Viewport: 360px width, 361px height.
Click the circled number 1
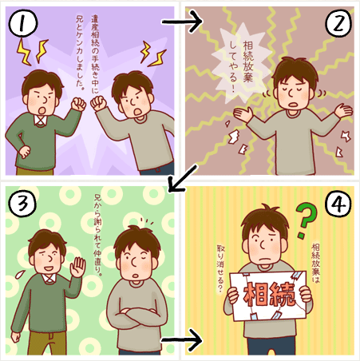pos(23,23)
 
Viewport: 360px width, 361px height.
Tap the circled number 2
pos(338,23)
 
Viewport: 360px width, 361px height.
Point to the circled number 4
pos(338,204)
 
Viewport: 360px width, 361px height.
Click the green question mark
pos(307,220)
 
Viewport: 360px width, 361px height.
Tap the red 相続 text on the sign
pos(269,294)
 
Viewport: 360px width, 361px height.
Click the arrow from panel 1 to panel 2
pos(182,22)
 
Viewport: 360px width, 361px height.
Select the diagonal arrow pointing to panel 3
pos(184,178)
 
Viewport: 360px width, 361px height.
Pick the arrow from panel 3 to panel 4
pos(182,340)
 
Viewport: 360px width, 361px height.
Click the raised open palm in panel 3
pos(77,266)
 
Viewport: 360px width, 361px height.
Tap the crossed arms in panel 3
pos(137,316)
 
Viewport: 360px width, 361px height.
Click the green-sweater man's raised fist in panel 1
pos(78,105)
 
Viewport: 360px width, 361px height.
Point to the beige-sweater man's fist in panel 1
pos(98,103)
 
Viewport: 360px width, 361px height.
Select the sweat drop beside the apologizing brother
pos(20,274)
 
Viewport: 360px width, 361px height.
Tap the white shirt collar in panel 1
pos(41,121)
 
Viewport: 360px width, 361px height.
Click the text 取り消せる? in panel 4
pos(220,268)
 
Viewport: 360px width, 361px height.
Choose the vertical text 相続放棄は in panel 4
pos(315,263)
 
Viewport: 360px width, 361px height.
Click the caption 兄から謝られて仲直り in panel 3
pos(98,235)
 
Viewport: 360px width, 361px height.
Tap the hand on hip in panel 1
pos(25,152)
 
